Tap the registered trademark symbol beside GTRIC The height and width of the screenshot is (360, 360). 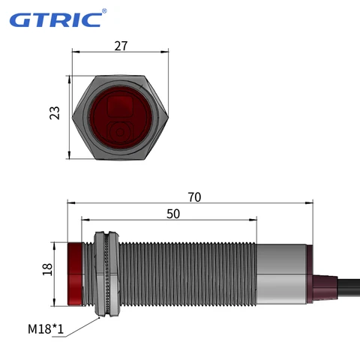[x=104, y=10]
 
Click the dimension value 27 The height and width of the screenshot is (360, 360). [x=121, y=46]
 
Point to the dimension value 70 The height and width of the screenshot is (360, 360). [x=194, y=197]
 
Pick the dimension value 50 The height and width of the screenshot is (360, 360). [x=172, y=214]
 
